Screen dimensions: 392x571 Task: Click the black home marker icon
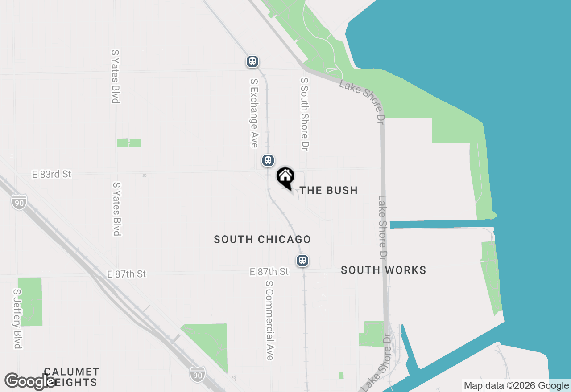point(285,177)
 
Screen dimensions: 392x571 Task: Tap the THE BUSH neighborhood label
point(328,190)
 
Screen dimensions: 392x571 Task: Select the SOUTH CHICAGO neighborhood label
point(262,239)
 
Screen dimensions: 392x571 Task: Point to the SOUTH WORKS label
point(383,270)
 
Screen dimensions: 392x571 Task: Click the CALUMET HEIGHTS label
point(71,377)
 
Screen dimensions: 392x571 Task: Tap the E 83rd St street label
point(52,174)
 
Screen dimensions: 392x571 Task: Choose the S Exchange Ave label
point(253,113)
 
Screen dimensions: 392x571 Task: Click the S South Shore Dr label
point(305,114)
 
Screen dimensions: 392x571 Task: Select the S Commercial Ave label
point(269,320)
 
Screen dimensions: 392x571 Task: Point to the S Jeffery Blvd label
point(17,319)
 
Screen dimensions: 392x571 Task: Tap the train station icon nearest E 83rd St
point(268,160)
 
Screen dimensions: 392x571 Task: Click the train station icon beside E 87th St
point(302,261)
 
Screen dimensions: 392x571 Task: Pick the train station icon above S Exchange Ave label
point(252,61)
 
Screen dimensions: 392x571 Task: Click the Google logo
point(30,381)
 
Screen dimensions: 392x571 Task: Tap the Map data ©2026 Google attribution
point(516,386)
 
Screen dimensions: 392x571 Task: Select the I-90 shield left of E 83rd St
point(19,202)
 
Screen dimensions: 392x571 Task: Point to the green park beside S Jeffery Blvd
point(30,301)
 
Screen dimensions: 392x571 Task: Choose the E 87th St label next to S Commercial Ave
point(269,272)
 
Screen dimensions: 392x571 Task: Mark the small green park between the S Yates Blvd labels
point(129,143)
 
